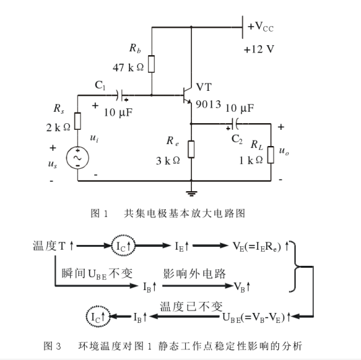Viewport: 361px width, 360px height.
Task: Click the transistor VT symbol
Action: [x=187, y=96]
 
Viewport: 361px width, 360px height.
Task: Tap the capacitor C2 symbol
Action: [x=235, y=124]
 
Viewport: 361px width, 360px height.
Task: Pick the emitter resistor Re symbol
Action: [x=191, y=149]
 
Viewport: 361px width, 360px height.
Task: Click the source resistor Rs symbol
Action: [x=77, y=121]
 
